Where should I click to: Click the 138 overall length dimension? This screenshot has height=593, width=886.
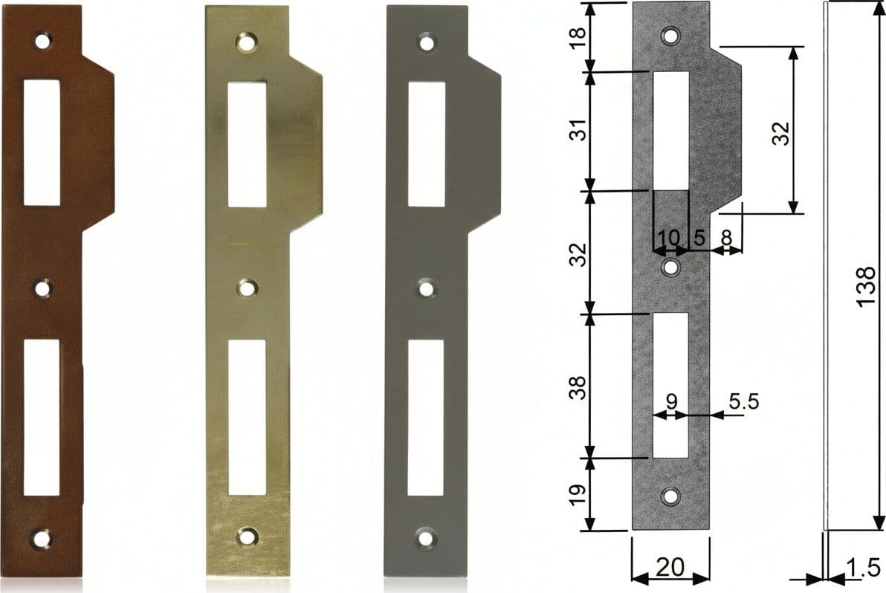point(866,288)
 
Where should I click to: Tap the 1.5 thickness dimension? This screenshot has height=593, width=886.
point(864,568)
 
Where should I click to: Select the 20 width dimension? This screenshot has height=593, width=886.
point(670,566)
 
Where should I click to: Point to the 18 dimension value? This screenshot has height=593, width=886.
point(578,39)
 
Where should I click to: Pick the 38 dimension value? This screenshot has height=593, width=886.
point(578,387)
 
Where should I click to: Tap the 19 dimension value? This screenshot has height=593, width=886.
point(578,495)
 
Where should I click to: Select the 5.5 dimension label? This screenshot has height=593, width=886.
point(743,401)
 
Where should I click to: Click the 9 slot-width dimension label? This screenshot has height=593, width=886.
point(671,401)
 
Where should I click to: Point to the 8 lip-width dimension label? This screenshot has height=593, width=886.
point(727,238)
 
